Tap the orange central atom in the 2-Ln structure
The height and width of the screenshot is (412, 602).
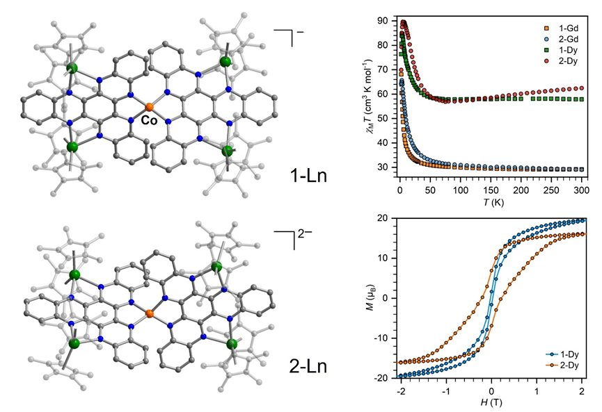150,315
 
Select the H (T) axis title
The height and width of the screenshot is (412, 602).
491,404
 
